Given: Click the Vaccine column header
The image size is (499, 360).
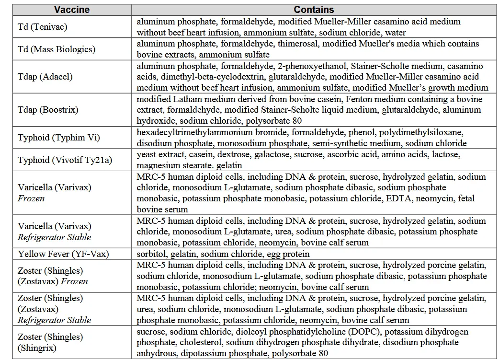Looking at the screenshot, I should click(71, 10).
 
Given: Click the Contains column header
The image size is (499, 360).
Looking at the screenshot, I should click(314, 10).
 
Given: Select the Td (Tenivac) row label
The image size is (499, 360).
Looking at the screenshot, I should click(42, 27).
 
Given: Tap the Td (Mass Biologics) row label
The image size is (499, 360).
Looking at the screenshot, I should click(57, 49).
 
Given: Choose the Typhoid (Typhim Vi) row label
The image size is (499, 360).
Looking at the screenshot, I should click(59, 138).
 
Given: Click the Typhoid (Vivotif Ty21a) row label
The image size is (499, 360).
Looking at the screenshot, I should click(65, 160).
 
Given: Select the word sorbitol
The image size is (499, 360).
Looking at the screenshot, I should click(150, 254).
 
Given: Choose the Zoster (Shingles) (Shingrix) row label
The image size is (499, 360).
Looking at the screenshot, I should click(50, 343).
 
